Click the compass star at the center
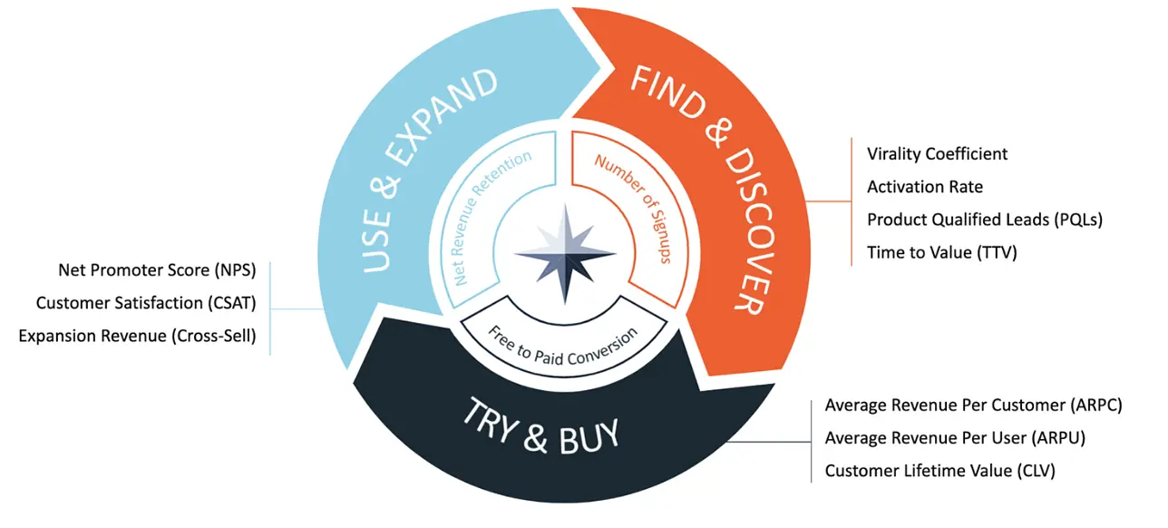point(565,255)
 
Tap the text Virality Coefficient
point(937,154)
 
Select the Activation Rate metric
point(924,187)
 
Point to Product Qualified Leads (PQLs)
point(985,220)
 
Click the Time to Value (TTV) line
point(941,252)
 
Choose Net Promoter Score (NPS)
point(157,270)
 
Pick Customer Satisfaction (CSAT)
point(146,303)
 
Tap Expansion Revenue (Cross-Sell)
point(137,336)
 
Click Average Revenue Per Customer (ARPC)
point(973,406)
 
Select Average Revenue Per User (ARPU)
point(955,438)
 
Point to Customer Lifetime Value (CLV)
point(939,471)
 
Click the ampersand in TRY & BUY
point(536,438)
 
